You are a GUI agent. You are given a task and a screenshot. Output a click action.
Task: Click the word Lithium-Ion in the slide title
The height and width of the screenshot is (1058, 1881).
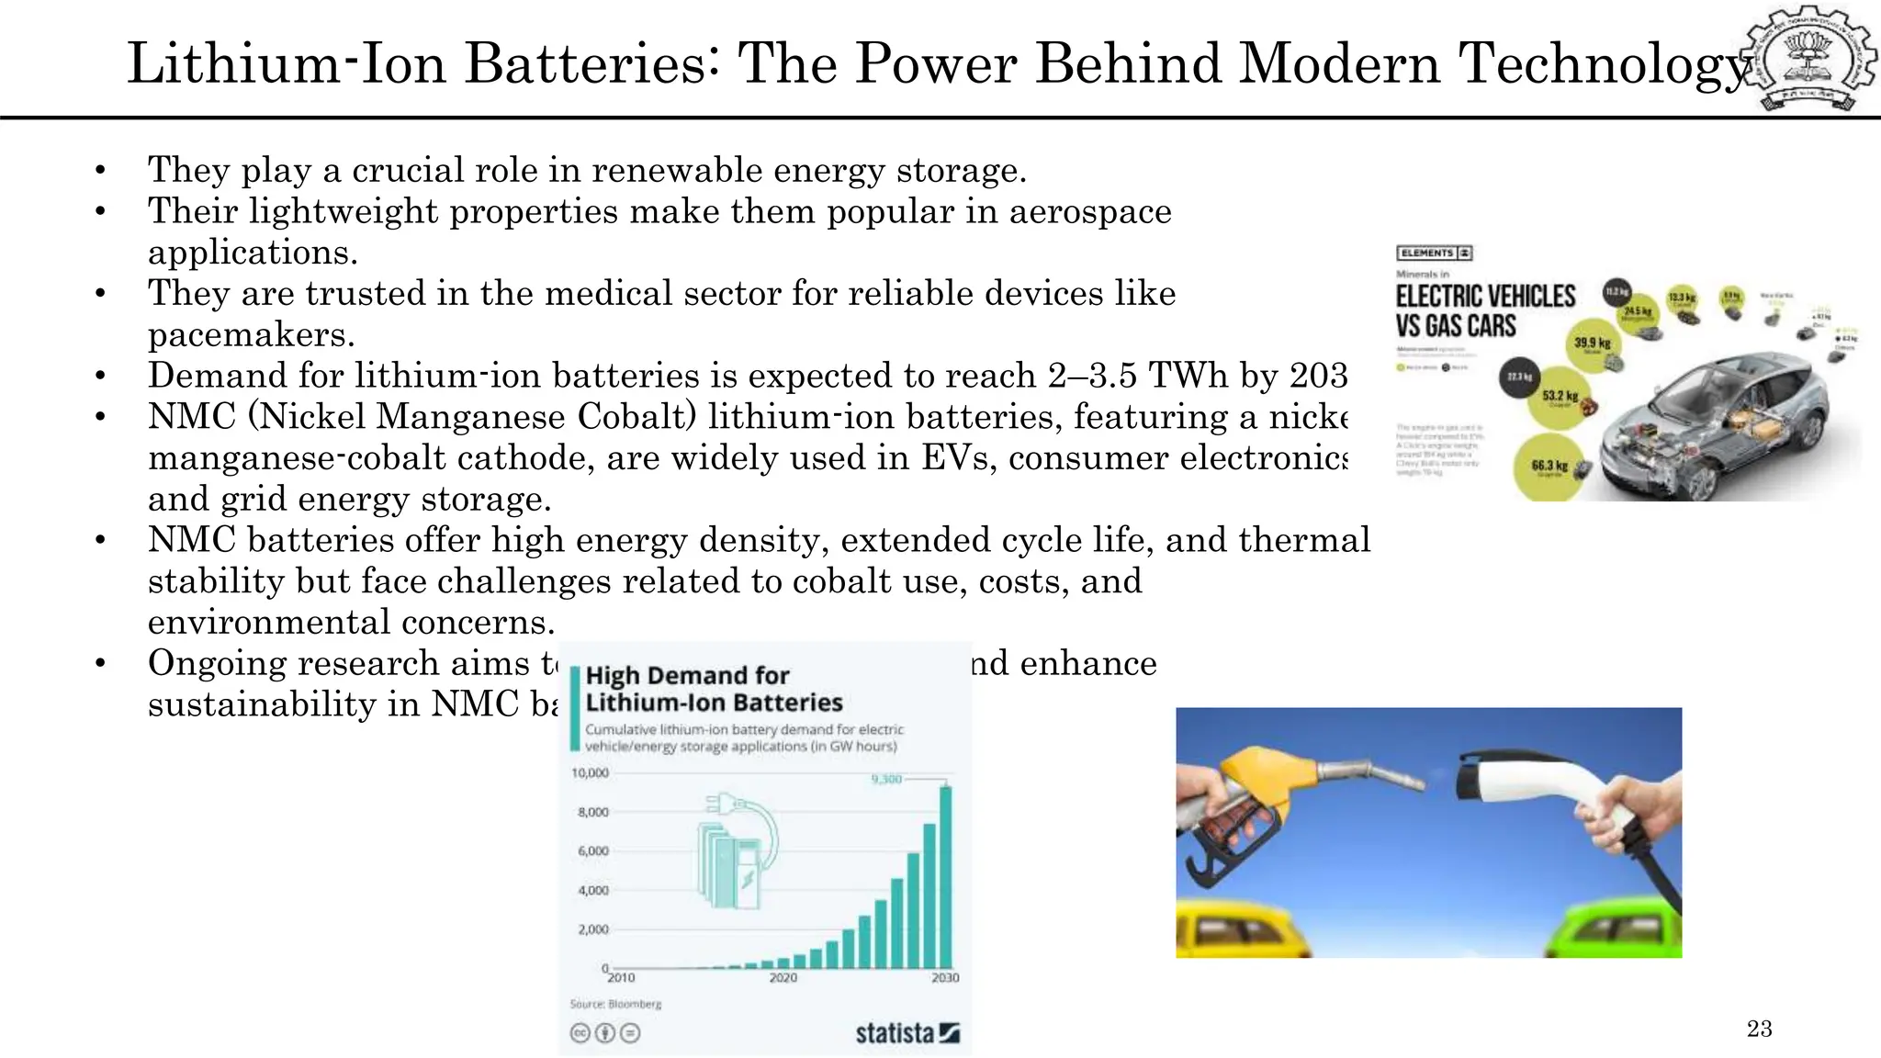(286, 64)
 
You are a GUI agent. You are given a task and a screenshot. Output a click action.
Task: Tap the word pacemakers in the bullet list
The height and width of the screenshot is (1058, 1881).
(251, 334)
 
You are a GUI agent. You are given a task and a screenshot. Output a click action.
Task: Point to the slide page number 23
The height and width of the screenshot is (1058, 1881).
(1759, 1029)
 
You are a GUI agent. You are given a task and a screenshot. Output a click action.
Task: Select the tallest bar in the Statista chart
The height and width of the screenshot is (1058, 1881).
(945, 876)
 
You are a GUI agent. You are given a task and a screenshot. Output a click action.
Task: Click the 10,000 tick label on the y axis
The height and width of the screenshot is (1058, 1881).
(590, 773)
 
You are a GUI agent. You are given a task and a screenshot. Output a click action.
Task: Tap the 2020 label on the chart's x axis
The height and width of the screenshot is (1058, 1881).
(783, 978)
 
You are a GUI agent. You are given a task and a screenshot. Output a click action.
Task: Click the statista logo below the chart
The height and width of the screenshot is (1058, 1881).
(907, 1033)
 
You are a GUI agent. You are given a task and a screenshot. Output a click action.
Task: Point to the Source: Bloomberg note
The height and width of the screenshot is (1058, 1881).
(615, 1004)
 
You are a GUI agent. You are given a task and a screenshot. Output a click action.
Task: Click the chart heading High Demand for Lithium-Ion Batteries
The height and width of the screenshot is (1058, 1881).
(713, 689)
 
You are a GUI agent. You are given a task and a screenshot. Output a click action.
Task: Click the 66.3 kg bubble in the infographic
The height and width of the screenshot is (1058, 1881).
(1549, 467)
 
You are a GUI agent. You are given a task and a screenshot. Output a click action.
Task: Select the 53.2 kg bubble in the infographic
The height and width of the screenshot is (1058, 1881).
(1560, 397)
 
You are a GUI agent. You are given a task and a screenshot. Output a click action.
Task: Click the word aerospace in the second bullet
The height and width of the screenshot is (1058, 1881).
(1090, 211)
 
